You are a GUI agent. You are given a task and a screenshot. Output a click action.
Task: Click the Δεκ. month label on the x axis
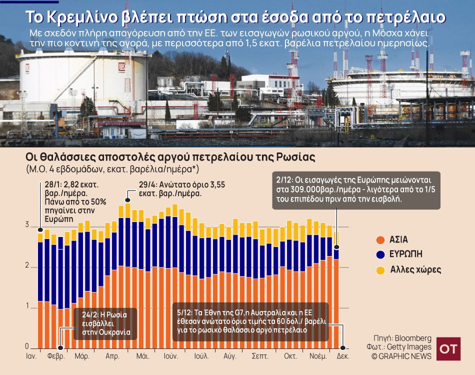tap(342, 357)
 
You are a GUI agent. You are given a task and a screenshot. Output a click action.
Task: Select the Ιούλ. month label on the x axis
tap(201, 357)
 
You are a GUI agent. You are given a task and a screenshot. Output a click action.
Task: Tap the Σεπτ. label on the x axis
tap(260, 357)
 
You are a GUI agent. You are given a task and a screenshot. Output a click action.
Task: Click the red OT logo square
tap(448, 348)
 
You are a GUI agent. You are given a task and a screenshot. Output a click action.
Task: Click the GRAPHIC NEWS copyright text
tap(403, 356)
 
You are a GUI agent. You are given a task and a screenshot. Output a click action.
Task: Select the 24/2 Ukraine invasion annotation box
tap(105, 323)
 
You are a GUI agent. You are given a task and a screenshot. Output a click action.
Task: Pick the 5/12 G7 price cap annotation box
tap(250, 322)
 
